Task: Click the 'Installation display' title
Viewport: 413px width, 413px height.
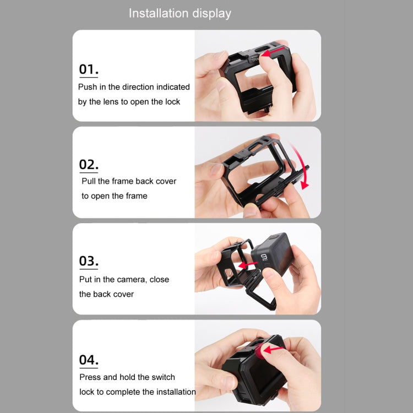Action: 180,13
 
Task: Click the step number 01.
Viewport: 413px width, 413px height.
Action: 89,69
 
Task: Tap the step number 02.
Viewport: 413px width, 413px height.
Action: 89,165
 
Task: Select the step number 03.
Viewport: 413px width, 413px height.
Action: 89,261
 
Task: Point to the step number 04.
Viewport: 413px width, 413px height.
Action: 89,360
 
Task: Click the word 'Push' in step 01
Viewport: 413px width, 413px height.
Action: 88,87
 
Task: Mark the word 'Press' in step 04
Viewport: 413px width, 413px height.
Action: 90,377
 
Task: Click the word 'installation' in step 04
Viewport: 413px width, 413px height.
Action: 173,392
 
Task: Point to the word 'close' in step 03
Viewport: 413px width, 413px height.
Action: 159,280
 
